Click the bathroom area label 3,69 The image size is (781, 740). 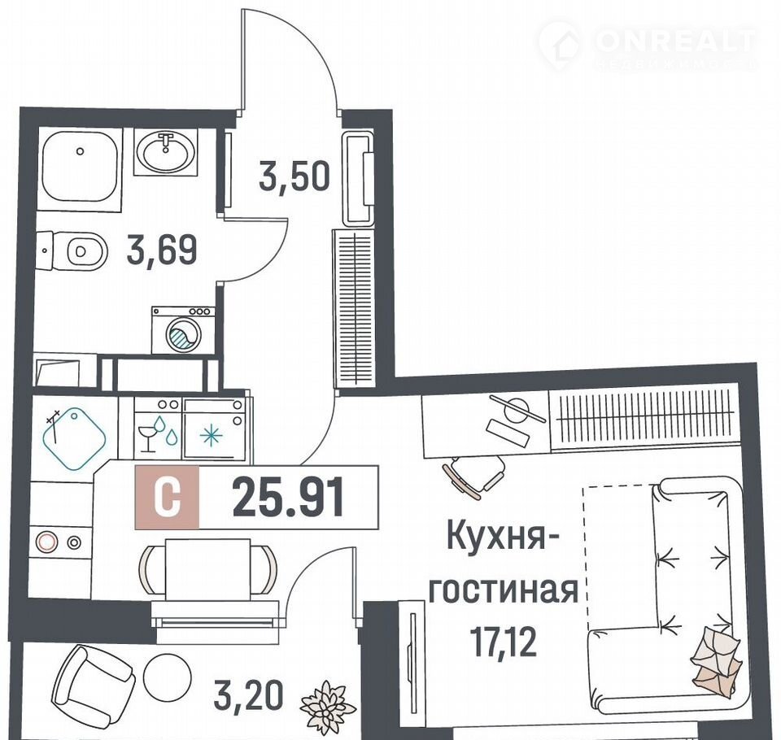click(x=162, y=250)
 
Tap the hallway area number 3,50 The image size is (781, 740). click(x=294, y=176)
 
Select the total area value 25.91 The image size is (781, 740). click(x=288, y=497)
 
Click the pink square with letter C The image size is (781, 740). click(x=167, y=497)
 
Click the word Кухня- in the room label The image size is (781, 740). click(x=503, y=536)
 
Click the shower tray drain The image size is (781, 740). click(x=80, y=151)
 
